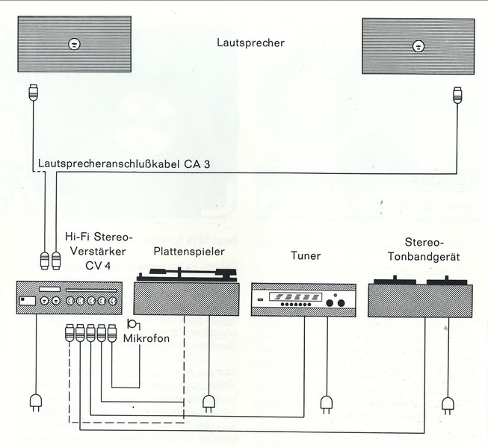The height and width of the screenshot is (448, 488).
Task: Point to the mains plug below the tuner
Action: tap(326, 403)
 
